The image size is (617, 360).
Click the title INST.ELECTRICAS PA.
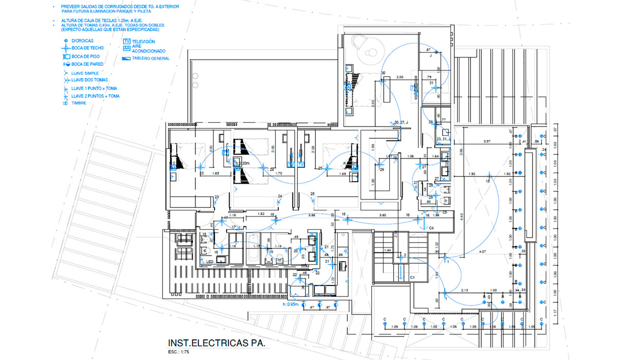coord(216,343)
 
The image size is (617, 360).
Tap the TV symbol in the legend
coord(126,41)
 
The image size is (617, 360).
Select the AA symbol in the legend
coord(126,48)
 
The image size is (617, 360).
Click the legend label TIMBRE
coord(79,103)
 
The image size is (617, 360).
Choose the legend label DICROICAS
coord(82,41)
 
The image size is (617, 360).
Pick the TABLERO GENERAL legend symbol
coord(126,59)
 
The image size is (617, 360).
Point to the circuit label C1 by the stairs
coord(412,277)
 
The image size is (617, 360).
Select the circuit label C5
coord(444,212)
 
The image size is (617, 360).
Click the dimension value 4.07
coord(482,251)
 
